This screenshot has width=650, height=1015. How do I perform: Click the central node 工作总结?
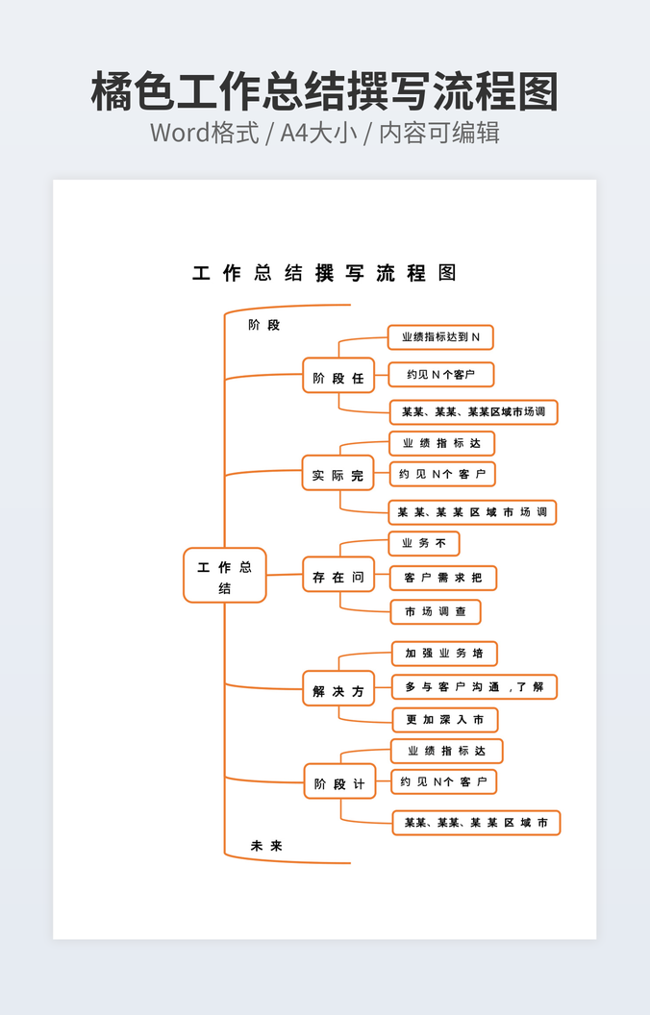[224, 576]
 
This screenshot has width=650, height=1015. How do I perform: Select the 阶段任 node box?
[337, 378]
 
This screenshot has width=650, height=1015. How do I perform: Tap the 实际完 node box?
[337, 475]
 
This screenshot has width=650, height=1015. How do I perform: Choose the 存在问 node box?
[337, 577]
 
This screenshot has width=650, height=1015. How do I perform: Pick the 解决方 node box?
[338, 690]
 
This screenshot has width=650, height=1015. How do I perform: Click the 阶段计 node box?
[339, 783]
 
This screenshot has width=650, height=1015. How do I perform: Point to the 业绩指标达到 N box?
[440, 337]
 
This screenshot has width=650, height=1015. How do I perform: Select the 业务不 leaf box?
[424, 544]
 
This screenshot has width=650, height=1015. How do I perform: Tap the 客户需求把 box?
[443, 578]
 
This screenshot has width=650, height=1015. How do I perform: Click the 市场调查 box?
[436, 611]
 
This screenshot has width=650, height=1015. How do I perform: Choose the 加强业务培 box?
[444, 654]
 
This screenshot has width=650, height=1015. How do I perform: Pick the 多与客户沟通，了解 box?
[474, 687]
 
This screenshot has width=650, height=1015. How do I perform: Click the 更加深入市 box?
[445, 720]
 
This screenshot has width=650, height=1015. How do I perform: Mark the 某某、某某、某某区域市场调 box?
[473, 412]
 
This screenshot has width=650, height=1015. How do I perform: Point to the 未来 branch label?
[266, 846]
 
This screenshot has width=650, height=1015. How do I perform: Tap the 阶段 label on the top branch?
[263, 325]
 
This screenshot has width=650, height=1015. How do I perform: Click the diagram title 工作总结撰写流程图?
[324, 273]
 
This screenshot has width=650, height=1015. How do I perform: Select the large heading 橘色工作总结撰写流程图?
[325, 92]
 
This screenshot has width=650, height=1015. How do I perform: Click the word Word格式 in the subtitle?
[204, 133]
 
